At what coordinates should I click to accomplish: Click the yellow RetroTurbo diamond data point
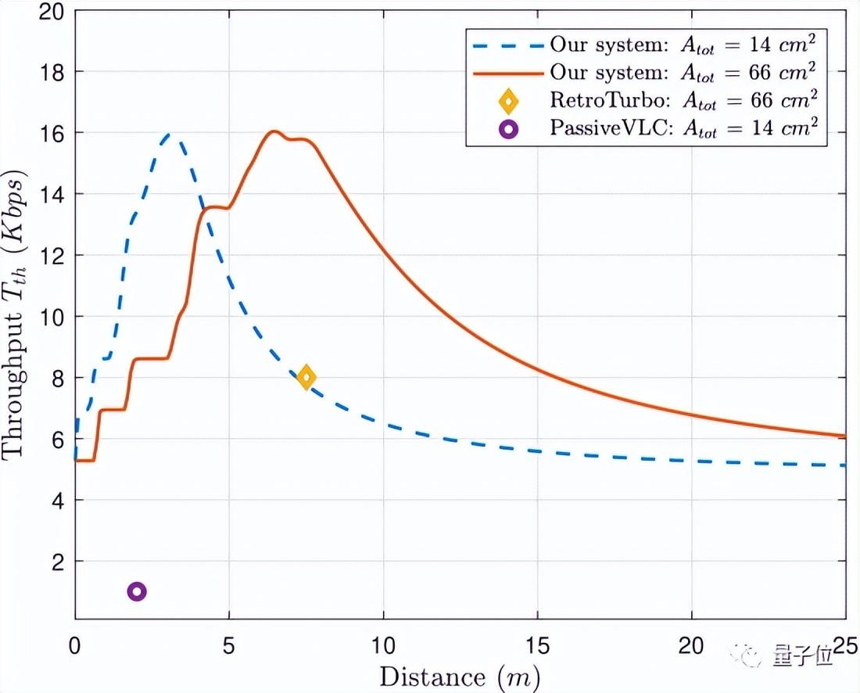coord(306,377)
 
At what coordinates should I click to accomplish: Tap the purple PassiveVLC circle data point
coord(137,591)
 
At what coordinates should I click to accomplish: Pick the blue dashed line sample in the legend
coord(503,44)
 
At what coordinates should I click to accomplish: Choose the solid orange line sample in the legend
coord(503,72)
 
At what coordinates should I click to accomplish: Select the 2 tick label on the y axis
coord(57,562)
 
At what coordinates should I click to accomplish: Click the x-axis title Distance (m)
coord(460,674)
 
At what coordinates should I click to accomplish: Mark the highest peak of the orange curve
coord(274,131)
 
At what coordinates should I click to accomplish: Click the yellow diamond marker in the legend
coord(508,101)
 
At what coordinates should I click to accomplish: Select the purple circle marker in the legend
coord(508,129)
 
